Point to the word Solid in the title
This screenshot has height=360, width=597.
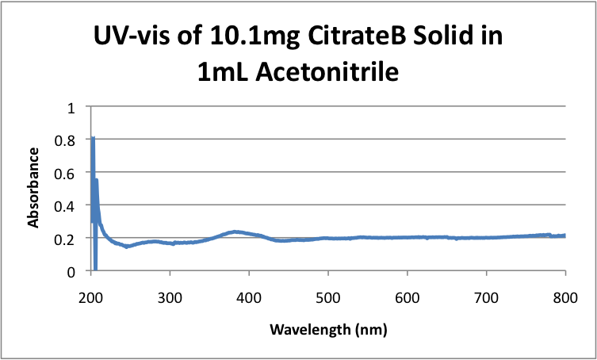[x=449, y=36]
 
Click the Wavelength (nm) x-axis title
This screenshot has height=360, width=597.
[x=327, y=327]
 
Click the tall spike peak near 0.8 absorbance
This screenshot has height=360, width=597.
[x=92, y=139]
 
